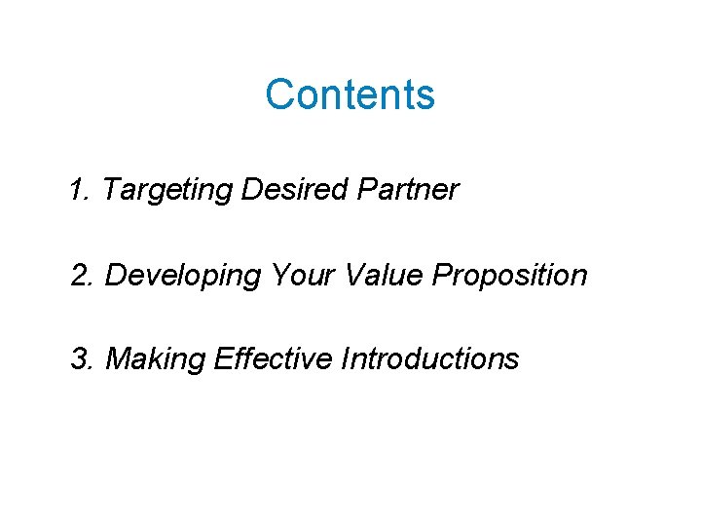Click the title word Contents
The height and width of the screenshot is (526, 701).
coord(350,94)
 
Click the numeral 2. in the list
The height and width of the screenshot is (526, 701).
coord(82,276)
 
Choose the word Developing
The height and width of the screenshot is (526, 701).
coord(183,276)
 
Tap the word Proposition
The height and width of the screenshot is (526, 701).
coord(510,276)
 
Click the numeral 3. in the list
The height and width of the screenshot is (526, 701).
coord(82,359)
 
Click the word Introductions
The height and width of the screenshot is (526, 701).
coord(430,359)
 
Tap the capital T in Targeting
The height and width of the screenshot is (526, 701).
coord(109,189)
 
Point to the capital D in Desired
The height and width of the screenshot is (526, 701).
coord(251,189)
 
